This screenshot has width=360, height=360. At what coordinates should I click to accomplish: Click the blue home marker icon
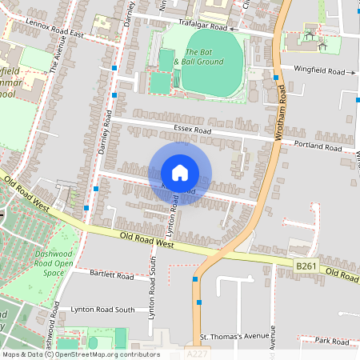180,173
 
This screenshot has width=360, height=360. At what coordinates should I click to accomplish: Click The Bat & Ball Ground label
198,56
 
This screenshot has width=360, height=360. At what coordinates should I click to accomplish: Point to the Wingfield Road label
318,71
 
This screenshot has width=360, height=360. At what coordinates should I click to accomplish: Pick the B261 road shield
306,265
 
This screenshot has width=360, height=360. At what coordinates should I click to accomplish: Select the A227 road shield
195,351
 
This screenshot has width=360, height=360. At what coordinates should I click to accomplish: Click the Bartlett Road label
112,275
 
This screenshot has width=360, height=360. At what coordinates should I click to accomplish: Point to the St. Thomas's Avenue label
232,336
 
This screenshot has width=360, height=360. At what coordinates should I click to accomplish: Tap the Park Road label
332,341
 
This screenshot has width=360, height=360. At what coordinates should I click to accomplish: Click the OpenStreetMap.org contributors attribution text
104,354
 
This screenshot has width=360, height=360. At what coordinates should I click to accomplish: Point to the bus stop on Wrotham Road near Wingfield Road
276,78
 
